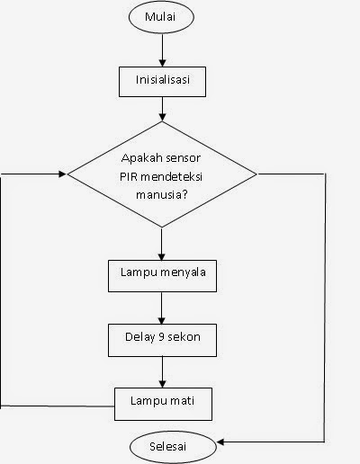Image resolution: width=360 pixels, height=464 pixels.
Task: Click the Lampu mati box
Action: [x=162, y=401]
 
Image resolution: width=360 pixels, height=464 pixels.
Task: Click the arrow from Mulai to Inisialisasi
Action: [x=162, y=48]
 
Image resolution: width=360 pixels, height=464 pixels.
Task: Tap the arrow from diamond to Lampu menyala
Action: [x=162, y=241]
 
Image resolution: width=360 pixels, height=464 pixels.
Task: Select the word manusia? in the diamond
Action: [x=162, y=191]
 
